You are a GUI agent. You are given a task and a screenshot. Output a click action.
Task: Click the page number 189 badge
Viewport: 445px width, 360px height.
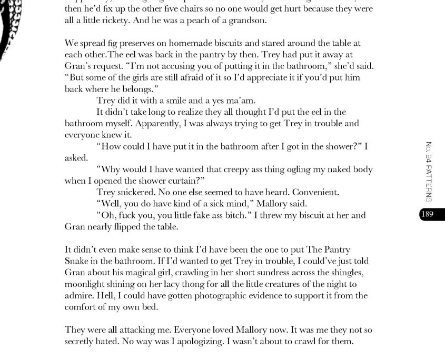point(432,214)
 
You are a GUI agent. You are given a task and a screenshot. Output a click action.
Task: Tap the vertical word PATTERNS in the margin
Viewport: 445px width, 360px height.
point(429,183)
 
